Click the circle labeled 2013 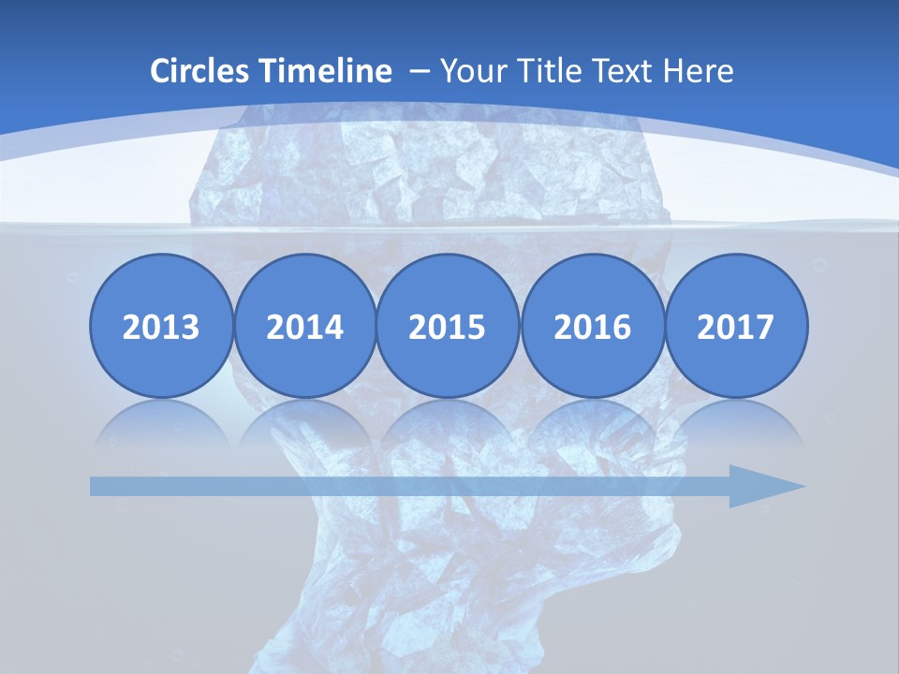tap(161, 327)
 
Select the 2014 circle tap(304, 327)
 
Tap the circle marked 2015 tap(448, 327)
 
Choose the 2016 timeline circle tap(592, 327)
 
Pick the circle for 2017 tap(735, 327)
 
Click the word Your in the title tap(467, 71)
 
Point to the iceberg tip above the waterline tap(431, 168)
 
